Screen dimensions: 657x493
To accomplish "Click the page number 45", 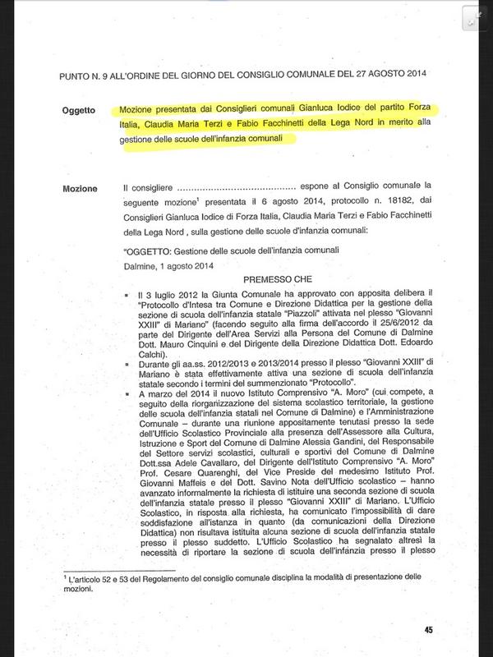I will (428, 629).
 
